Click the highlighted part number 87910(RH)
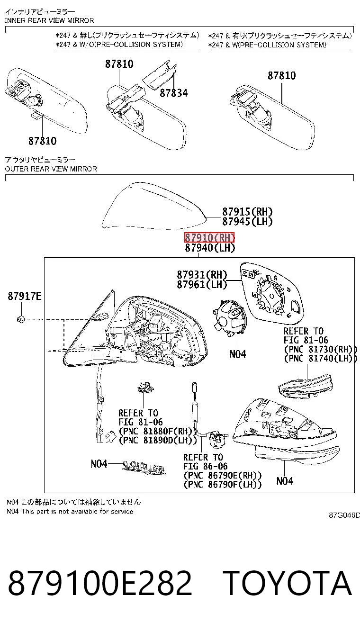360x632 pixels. [x=209, y=237]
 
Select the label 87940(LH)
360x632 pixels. [x=210, y=248]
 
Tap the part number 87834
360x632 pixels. [x=173, y=93]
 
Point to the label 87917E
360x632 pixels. [x=25, y=296]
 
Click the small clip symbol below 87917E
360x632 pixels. [x=21, y=319]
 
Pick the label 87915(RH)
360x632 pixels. [x=247, y=212]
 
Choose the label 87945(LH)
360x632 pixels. [x=247, y=221]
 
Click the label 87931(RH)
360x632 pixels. [x=202, y=274]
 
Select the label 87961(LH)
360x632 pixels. [x=202, y=284]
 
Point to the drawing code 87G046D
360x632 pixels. [x=344, y=515]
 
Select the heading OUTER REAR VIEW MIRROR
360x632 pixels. [x=51, y=169]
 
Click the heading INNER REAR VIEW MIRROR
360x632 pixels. [x=49, y=20]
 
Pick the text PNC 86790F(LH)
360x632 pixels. [x=222, y=485]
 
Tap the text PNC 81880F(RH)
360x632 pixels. [x=157, y=431]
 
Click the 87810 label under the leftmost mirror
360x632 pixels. [x=42, y=141]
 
